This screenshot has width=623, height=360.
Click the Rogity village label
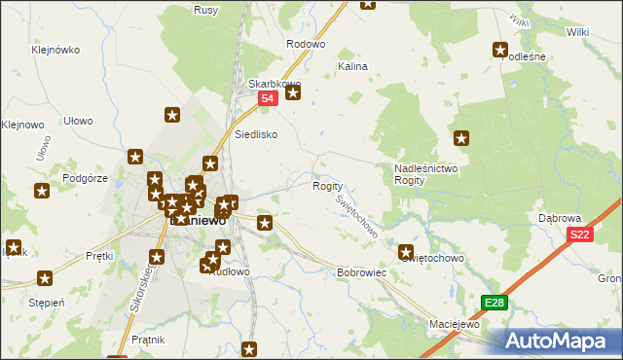point(327,186)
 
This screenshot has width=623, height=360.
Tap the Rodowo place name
point(305,44)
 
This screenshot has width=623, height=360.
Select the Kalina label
point(351,67)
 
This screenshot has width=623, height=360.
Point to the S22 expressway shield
point(580,234)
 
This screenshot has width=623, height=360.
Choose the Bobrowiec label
point(362,272)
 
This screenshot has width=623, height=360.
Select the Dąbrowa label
point(560,218)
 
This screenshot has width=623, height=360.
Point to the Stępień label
point(46,302)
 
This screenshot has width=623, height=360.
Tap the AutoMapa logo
point(559,341)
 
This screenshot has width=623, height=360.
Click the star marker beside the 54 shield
point(292,92)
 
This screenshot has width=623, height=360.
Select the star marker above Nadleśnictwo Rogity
point(461,139)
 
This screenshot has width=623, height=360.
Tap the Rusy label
point(233,10)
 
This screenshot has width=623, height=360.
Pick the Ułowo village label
point(78,121)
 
